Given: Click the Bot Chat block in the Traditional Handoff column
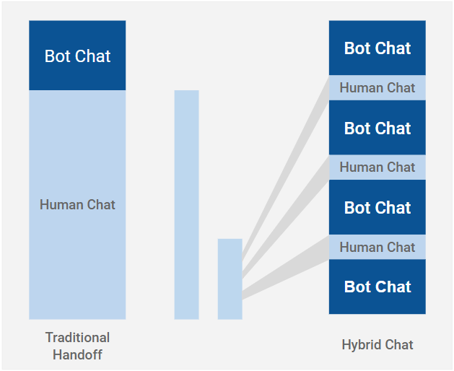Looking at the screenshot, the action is pos(77,56).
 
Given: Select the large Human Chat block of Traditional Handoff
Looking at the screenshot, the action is pos(77,205).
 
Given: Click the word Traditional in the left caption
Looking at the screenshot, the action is pos(78,338).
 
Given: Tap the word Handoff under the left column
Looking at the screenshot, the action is pos(78,355).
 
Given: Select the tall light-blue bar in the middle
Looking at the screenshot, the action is pos(186,205).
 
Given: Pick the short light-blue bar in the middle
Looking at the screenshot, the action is pos(230,279).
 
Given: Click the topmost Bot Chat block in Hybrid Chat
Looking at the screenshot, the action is pos(377,48).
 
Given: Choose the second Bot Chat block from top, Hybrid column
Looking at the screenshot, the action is pos(377,128).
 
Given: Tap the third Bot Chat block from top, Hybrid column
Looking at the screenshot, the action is pos(377,207).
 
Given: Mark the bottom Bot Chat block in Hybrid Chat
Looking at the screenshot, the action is pos(377,287).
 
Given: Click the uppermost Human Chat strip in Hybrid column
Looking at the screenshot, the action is pos(377,88).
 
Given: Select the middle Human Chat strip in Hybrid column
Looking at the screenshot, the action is pos(377,167).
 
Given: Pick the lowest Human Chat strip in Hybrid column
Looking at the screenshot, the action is pos(377,247).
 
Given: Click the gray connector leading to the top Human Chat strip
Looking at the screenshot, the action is pos(286,169).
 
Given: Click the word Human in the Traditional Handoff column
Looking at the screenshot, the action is pos(59,205).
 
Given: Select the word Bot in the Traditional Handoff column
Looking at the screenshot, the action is pos(57,56).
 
